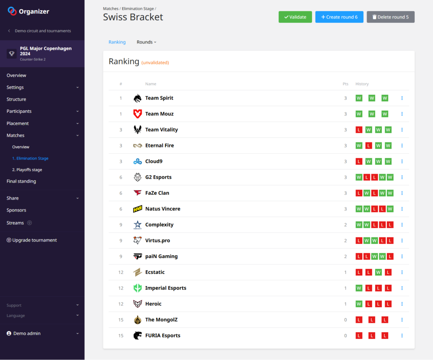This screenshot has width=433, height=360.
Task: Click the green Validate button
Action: (295, 17)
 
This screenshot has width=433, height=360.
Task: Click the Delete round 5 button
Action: (390, 17)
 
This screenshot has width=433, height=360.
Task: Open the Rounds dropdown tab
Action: (146, 42)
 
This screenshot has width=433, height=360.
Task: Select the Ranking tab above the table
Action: (117, 42)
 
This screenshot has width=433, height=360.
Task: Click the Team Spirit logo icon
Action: (137, 98)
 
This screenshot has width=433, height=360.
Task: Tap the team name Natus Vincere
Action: (162, 209)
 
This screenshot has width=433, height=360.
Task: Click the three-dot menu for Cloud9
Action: (402, 161)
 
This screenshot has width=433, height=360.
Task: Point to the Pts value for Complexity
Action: (345, 225)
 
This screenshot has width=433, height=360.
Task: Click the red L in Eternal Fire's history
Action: (369, 146)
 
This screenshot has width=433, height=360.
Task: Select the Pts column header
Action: (345, 84)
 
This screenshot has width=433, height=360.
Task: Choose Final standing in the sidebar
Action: (21, 181)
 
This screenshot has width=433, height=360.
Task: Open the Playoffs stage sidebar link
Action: (27, 170)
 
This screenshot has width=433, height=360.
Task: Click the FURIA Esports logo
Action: (137, 335)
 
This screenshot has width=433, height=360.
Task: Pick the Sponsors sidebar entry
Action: (16, 210)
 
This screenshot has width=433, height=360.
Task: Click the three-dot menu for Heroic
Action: (402, 304)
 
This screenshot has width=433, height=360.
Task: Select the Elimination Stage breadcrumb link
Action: (137, 8)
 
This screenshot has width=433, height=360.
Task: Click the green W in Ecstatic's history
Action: (378, 272)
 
